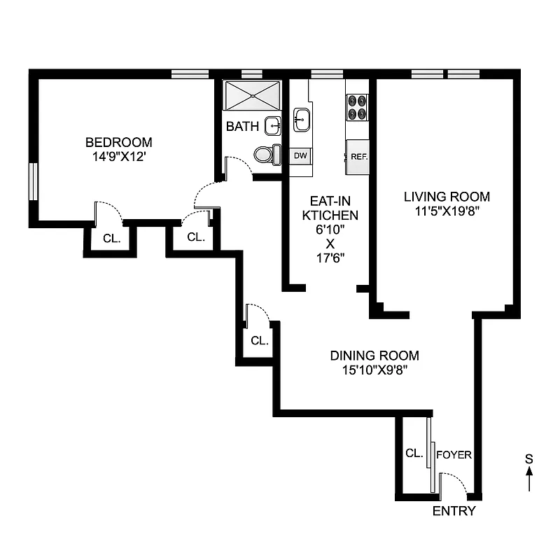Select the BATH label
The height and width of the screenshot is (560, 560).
tap(242, 127)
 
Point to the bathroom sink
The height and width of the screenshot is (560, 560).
tap(273, 126)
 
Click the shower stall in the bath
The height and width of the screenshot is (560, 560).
tap(253, 94)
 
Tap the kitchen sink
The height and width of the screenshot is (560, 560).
tap(302, 119)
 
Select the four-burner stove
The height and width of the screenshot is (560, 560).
tap(358, 107)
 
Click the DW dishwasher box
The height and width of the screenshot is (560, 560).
tap(300, 155)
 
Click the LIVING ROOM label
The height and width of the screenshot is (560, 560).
tap(447, 196)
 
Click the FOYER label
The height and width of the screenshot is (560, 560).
tap(454, 455)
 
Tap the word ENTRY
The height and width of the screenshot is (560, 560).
tap(454, 511)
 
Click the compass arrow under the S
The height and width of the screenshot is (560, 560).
tap(529, 480)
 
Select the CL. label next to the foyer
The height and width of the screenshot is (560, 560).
tap(414, 453)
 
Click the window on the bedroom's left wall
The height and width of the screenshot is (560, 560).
tap(32, 183)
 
